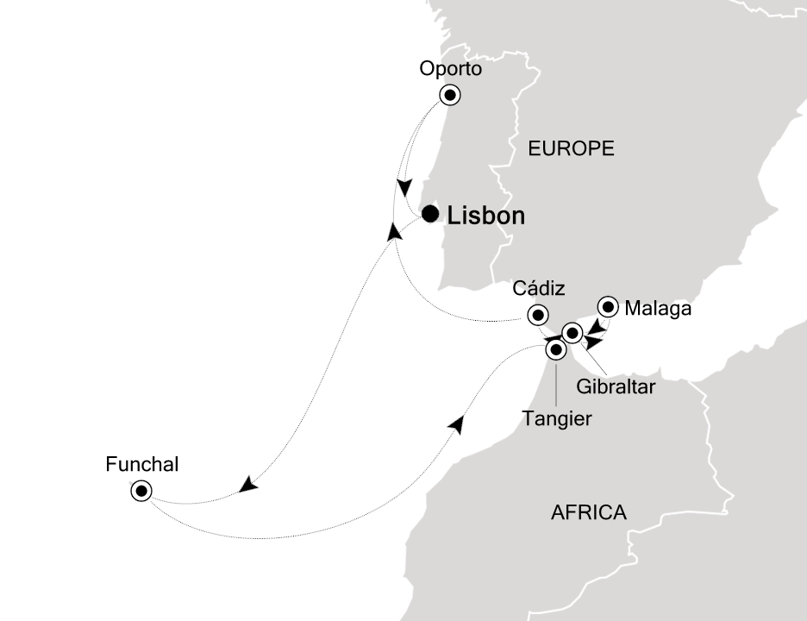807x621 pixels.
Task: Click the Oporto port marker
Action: tap(450, 95)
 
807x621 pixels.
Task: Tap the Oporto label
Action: tap(448, 69)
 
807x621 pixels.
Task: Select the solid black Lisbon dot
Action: tap(429, 213)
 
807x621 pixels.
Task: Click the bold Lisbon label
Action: tap(485, 216)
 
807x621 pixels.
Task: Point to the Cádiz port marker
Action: tap(538, 315)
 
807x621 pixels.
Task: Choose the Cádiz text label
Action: tap(539, 288)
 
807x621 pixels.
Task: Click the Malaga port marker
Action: tap(608, 306)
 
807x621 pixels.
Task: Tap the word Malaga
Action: tap(658, 308)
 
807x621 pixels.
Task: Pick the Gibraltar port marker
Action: tap(572, 332)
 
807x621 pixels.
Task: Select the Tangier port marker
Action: tap(556, 349)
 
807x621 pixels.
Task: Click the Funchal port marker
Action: tap(141, 491)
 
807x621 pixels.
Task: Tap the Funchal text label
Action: tap(141, 465)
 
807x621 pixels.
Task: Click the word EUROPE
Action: tap(571, 148)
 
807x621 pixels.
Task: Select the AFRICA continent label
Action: tap(588, 512)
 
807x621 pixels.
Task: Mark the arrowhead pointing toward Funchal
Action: tap(248, 486)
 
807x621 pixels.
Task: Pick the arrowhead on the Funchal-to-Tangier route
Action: tap(457, 423)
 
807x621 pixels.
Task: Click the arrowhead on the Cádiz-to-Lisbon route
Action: tap(394, 231)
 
